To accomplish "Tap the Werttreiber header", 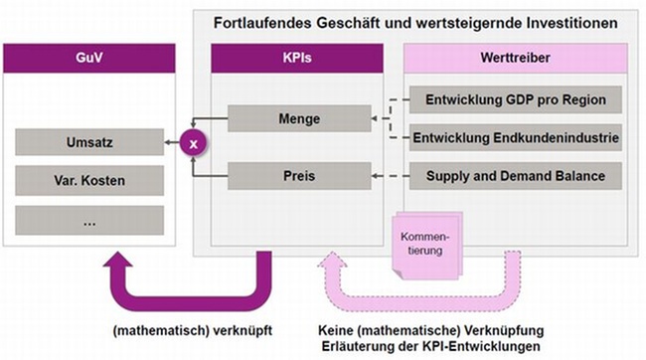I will pyautogui.click(x=516, y=59).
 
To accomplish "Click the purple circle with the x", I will pyautogui.click(x=194, y=143).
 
